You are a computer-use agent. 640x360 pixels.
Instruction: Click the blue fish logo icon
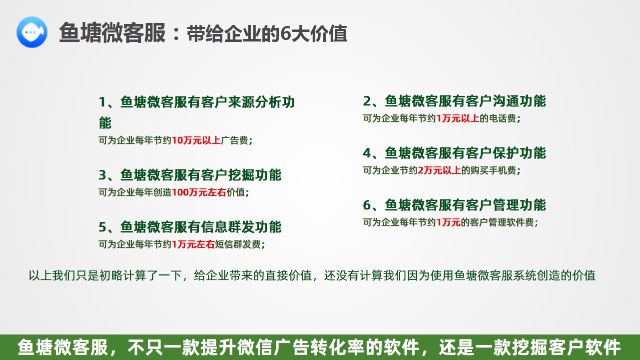32,32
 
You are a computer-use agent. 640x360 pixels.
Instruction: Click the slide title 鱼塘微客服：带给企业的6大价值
203,33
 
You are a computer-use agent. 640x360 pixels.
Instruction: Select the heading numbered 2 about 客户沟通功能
455,101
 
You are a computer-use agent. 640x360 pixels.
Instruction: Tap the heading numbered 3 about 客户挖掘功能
190,175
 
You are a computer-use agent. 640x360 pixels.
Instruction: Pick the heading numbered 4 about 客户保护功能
455,153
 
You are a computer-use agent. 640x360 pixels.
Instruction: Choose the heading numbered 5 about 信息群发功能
190,227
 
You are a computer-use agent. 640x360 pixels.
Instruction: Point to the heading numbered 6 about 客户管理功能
455,205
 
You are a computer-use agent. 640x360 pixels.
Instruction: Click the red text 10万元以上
196,140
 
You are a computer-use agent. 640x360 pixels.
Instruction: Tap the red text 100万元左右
199,192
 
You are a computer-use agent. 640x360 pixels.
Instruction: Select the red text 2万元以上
440,170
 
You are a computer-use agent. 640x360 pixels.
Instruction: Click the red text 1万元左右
193,244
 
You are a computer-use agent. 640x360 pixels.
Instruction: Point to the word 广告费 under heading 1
234,140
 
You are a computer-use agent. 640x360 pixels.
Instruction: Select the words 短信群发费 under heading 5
238,244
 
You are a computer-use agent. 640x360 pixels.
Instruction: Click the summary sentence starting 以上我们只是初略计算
312,275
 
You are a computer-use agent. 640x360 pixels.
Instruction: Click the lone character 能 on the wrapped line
105,122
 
